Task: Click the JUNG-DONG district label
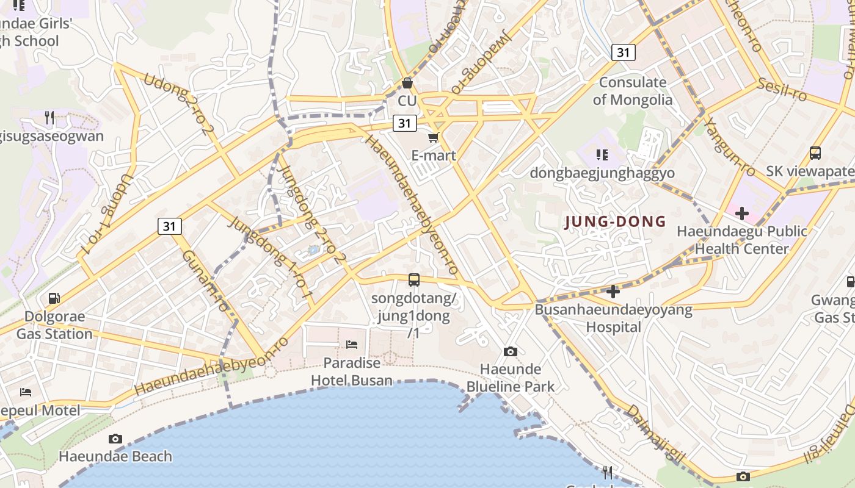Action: coord(615,221)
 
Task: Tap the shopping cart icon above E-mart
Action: coord(434,137)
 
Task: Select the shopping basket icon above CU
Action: coord(407,82)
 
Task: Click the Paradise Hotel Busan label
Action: coord(352,371)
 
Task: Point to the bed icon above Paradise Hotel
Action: coord(352,345)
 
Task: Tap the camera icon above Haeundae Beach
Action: coord(115,439)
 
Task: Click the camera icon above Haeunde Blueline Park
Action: coord(511,351)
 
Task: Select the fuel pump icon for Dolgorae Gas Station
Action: coord(54,298)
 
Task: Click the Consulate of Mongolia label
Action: coord(633,91)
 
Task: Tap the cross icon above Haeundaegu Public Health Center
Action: coord(742,213)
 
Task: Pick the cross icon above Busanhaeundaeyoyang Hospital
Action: coord(613,292)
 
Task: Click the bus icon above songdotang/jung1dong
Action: coord(414,280)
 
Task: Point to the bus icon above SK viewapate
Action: coord(815,153)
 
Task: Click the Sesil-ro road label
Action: coord(782,90)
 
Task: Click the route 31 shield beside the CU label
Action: coord(404,123)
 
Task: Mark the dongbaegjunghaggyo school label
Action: coord(602,173)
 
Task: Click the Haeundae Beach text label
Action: coord(115,456)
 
